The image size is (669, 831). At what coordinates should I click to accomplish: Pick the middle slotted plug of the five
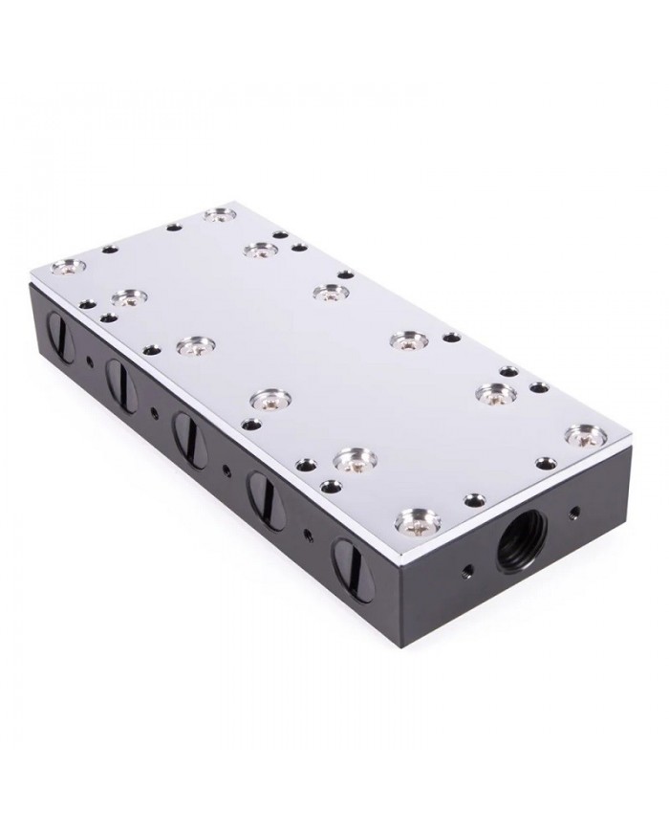click(184, 429)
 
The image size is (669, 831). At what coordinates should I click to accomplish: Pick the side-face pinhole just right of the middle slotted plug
click(227, 469)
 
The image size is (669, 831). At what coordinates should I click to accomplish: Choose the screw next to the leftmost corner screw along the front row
click(127, 298)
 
